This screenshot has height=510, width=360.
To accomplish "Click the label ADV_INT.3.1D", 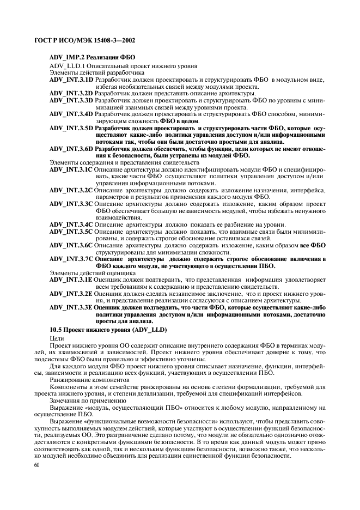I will point(71,80).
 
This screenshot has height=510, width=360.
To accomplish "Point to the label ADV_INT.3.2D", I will point(71,94).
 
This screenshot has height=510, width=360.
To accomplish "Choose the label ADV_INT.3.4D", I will point(71,114).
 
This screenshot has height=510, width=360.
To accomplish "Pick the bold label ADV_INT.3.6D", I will point(71,149).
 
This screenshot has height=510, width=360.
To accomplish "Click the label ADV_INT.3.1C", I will point(71,169).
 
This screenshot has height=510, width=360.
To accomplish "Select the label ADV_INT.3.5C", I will point(71,232).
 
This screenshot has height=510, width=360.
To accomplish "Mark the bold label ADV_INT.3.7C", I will point(71,259).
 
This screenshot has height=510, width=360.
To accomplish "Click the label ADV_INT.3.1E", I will point(71,280).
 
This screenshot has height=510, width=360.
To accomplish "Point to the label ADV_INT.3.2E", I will point(71,293).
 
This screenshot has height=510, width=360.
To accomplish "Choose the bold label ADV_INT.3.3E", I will point(71,307).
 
